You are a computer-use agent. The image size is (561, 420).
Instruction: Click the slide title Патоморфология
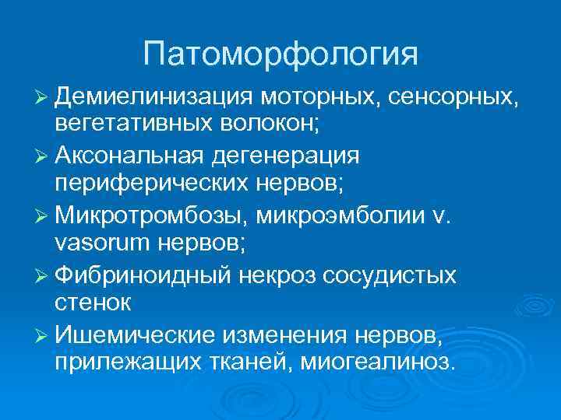[x=280, y=54]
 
